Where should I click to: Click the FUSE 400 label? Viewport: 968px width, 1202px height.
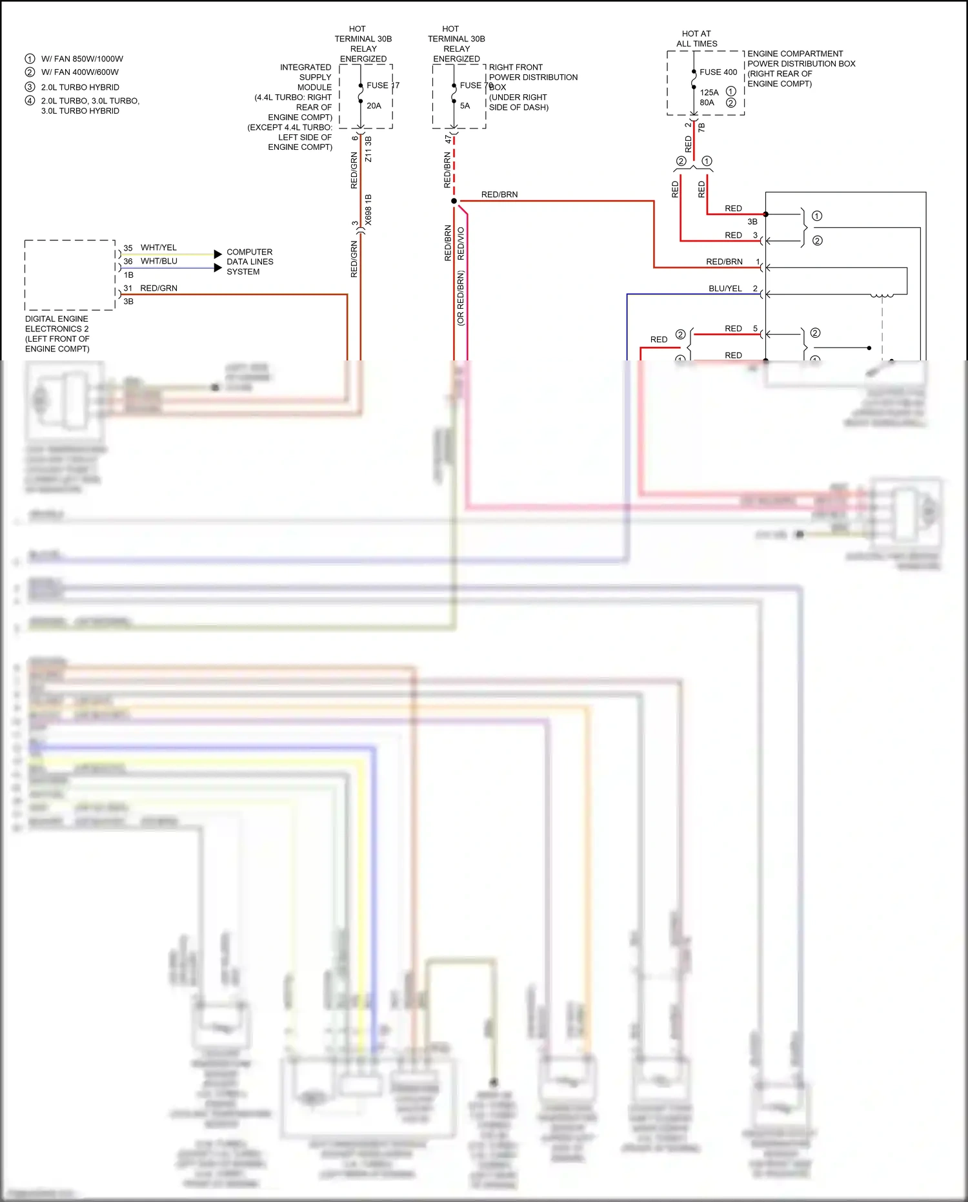click(x=718, y=72)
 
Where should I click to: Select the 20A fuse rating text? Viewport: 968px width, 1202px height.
click(x=374, y=106)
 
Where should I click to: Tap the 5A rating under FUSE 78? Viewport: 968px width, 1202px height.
click(x=465, y=106)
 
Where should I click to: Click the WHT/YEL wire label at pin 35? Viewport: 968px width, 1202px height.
click(x=158, y=248)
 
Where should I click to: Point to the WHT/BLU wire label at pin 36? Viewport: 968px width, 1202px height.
click(x=159, y=262)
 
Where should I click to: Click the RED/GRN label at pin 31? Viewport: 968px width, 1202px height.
click(x=159, y=289)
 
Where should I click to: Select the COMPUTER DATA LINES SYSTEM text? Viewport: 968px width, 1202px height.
click(x=250, y=262)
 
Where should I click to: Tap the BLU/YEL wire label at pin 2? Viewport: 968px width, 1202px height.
click(x=725, y=289)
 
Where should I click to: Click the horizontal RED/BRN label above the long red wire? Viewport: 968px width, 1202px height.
click(x=499, y=194)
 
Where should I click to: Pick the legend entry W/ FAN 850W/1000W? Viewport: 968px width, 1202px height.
click(x=82, y=59)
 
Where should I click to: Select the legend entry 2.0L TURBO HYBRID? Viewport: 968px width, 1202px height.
click(x=80, y=87)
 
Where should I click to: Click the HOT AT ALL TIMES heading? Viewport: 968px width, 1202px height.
click(x=696, y=39)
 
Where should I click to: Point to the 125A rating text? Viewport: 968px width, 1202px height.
click(x=709, y=92)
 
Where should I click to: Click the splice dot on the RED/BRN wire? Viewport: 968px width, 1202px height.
click(x=454, y=201)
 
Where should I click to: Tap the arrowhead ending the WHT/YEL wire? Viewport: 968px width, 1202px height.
click(x=217, y=254)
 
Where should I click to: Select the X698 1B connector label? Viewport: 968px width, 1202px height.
click(x=368, y=210)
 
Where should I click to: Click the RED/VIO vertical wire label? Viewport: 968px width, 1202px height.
click(x=461, y=244)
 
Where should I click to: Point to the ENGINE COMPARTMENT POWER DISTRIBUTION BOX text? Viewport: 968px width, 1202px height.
click(x=801, y=68)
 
